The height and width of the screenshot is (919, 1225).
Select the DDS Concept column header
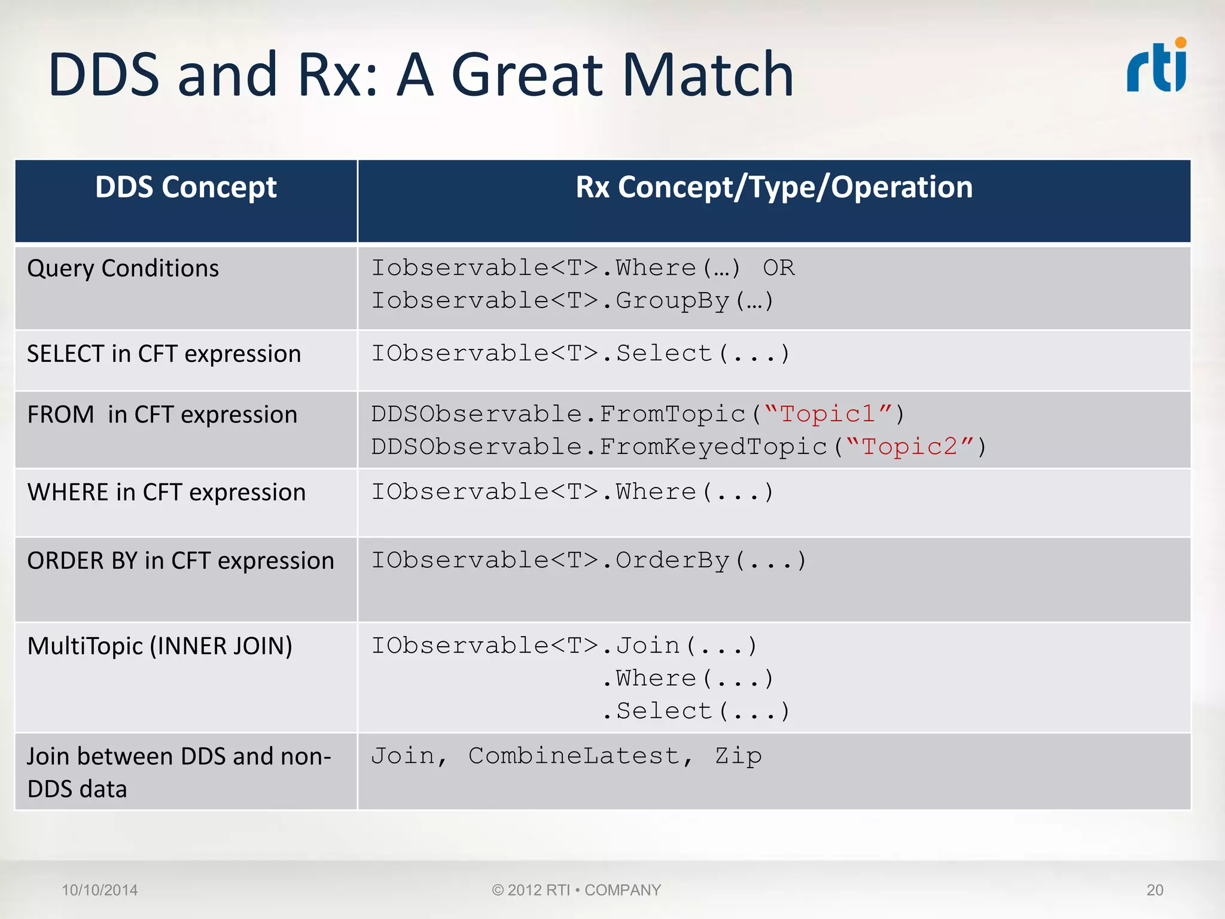pyautogui.click(x=186, y=187)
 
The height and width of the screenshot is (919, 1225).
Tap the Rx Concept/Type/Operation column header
pyautogui.click(x=774, y=187)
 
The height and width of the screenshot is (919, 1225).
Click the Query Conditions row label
pyautogui.click(x=123, y=268)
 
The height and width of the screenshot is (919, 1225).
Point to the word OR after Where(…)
pyautogui.click(x=778, y=268)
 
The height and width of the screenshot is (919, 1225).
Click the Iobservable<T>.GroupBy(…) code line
pyautogui.click(x=572, y=300)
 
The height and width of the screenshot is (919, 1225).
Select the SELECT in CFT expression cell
pyautogui.click(x=164, y=354)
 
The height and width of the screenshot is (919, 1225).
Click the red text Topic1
pyautogui.click(x=828, y=414)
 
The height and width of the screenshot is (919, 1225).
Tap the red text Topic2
pyautogui.click(x=909, y=447)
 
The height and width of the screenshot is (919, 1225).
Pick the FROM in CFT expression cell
pyautogui.click(x=162, y=415)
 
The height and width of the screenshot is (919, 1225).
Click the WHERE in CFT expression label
pyautogui.click(x=166, y=492)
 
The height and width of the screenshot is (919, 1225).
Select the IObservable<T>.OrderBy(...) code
pyautogui.click(x=589, y=561)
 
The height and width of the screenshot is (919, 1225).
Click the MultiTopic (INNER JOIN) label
pyautogui.click(x=160, y=646)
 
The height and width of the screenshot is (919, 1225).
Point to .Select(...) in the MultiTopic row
pyautogui.click(x=696, y=711)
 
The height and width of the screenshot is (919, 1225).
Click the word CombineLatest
pyautogui.click(x=574, y=756)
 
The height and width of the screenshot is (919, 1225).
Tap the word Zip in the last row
pyautogui.click(x=738, y=756)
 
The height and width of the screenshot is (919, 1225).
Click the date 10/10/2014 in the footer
pyautogui.click(x=100, y=890)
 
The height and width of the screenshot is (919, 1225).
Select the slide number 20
pyautogui.click(x=1154, y=890)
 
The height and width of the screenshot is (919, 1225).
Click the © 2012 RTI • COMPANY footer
pyautogui.click(x=577, y=890)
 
